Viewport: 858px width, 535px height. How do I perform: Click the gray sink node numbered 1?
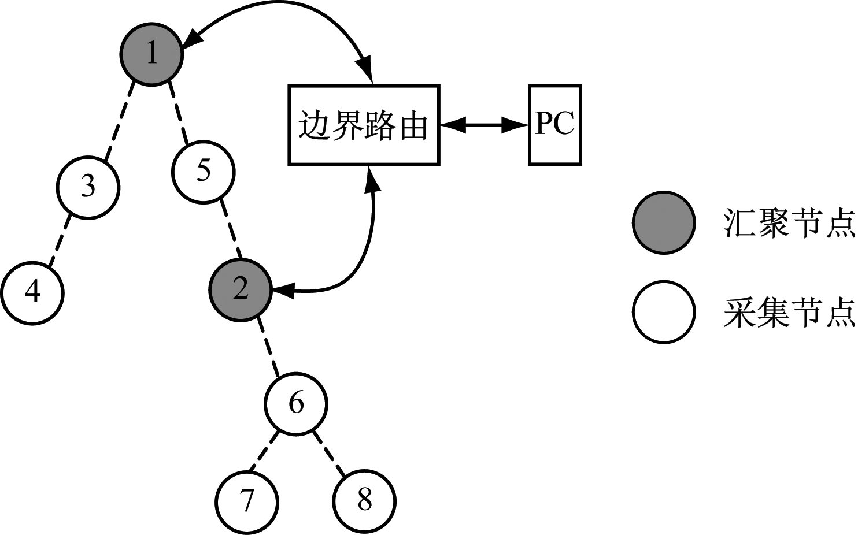coord(151,54)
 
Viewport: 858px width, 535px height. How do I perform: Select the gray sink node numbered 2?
coord(241,289)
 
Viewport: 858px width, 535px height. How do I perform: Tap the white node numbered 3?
coord(88,187)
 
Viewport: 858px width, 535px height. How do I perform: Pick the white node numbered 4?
coord(32,292)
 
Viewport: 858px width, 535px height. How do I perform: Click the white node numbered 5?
coord(203,172)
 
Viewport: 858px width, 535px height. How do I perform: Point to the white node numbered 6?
coord(296,404)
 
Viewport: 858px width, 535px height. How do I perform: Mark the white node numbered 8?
coord(364,500)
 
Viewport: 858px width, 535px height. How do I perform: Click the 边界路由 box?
coord(364,125)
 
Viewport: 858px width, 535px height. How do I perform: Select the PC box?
coord(554,125)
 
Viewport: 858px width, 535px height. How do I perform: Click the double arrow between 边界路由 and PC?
coord(484,125)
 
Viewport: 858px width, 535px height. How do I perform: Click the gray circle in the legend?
coord(663,223)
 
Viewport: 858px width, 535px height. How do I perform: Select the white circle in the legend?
coord(663,313)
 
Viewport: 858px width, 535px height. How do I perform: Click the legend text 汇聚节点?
coord(789,223)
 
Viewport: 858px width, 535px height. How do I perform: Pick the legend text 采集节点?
coord(789,313)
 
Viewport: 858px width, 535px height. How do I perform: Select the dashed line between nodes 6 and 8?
coord(330,454)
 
